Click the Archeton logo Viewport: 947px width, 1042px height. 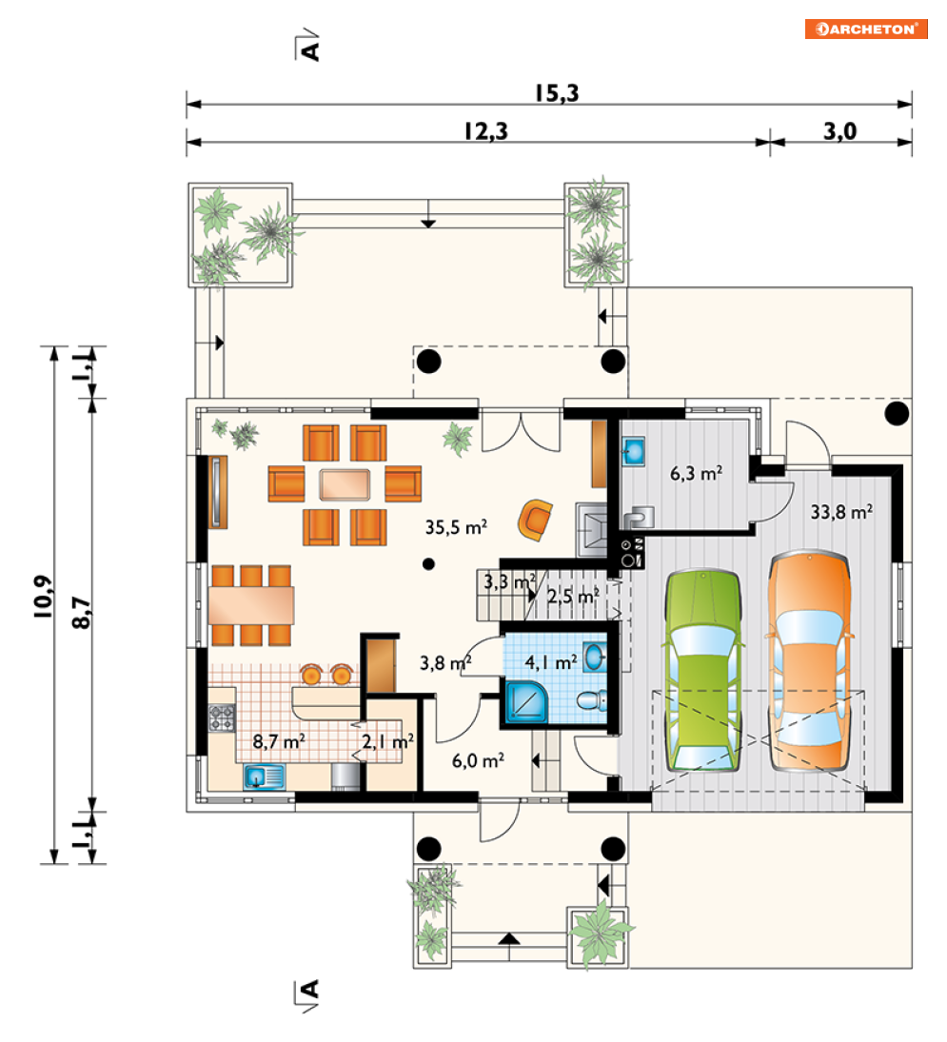866,29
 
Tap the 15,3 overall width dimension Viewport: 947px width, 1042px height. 557,93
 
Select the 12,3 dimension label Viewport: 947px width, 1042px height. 485,131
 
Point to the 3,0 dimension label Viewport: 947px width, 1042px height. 840,131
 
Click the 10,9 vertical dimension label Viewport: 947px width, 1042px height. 43,597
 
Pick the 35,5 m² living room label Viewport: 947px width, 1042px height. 457,527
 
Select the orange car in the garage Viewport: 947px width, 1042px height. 809,660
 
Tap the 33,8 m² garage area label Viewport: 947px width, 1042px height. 841,512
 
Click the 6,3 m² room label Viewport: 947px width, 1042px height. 696,473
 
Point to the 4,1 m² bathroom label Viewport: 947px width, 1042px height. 551,662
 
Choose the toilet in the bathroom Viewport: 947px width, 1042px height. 591,700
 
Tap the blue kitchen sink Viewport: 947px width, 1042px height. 264,777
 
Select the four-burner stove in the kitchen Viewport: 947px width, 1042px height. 222,718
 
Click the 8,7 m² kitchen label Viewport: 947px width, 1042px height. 279,741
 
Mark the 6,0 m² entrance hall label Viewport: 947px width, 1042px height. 478,760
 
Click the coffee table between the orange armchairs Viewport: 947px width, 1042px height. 345,484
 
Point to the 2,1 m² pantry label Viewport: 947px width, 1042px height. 388,741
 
